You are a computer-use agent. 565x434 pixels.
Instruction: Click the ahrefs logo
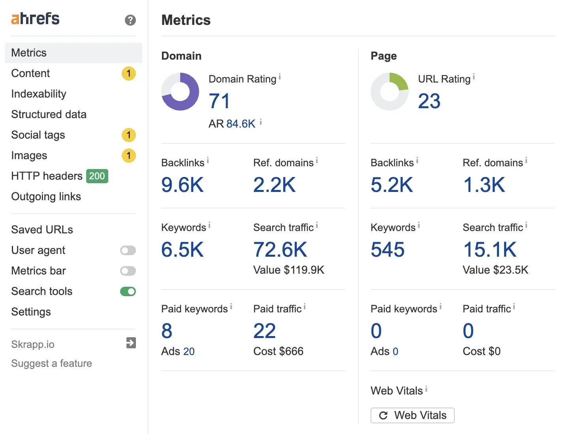click(35, 19)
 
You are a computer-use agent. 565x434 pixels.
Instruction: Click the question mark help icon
click(130, 20)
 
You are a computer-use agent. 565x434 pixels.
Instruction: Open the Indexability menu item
click(39, 94)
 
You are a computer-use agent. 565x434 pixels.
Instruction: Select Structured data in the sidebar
click(49, 115)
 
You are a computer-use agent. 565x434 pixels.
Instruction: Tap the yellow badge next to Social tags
click(128, 135)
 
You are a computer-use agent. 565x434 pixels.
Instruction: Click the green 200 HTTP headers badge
click(97, 176)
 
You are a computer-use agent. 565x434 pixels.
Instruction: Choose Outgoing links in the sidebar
click(46, 197)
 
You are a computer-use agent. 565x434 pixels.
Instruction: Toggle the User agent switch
click(128, 250)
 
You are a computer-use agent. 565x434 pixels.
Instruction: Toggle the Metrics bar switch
click(128, 271)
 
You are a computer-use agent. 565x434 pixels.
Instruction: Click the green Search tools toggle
click(128, 291)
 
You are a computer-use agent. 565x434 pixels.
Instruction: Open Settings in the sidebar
click(31, 312)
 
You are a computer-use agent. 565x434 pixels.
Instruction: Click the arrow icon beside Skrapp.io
click(131, 343)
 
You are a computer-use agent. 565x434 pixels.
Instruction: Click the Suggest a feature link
click(51, 363)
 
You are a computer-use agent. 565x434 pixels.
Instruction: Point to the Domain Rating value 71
click(219, 101)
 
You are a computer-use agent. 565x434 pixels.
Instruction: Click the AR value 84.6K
click(241, 124)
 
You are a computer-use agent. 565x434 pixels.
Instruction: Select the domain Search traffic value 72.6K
click(280, 250)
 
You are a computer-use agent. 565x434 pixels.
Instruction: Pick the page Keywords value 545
click(388, 250)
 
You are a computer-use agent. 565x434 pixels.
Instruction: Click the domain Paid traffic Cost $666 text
click(278, 351)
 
